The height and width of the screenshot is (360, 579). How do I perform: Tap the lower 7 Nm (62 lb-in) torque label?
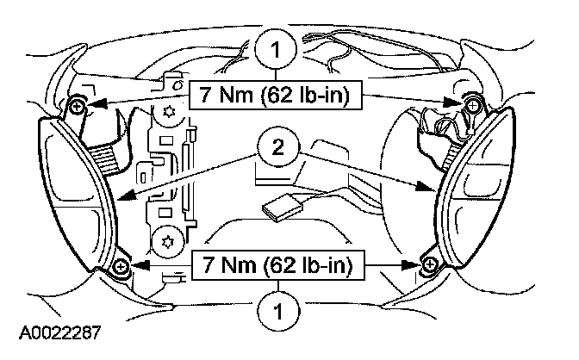tap(273, 264)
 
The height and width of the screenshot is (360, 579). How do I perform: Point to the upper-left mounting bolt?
tap(78, 105)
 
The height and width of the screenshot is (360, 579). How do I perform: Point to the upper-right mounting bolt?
tap(471, 103)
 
